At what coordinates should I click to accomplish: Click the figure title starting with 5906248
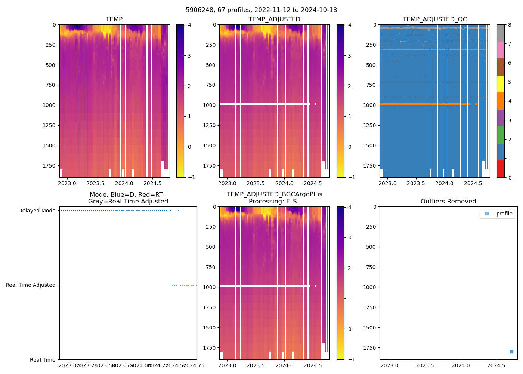click(x=261, y=10)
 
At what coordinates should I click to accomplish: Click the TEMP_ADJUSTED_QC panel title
click(x=434, y=19)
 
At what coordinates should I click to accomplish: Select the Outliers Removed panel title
click(x=448, y=202)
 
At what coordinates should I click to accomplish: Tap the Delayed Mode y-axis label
click(x=37, y=211)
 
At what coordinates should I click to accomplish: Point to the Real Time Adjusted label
click(x=30, y=285)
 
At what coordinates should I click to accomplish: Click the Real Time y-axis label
click(x=43, y=360)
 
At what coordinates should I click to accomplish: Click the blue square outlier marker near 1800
click(x=511, y=352)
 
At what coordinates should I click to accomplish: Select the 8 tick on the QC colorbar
click(x=509, y=25)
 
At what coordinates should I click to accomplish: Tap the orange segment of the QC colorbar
click(x=501, y=101)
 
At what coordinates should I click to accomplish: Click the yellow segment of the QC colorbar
click(x=501, y=84)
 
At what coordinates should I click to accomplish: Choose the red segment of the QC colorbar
click(x=501, y=169)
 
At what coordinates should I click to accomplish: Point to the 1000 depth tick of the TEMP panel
click(x=49, y=105)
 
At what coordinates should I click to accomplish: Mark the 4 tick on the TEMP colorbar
click(x=189, y=25)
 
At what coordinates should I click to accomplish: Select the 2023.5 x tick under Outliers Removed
click(x=425, y=365)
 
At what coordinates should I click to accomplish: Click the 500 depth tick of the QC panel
click(x=370, y=65)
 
